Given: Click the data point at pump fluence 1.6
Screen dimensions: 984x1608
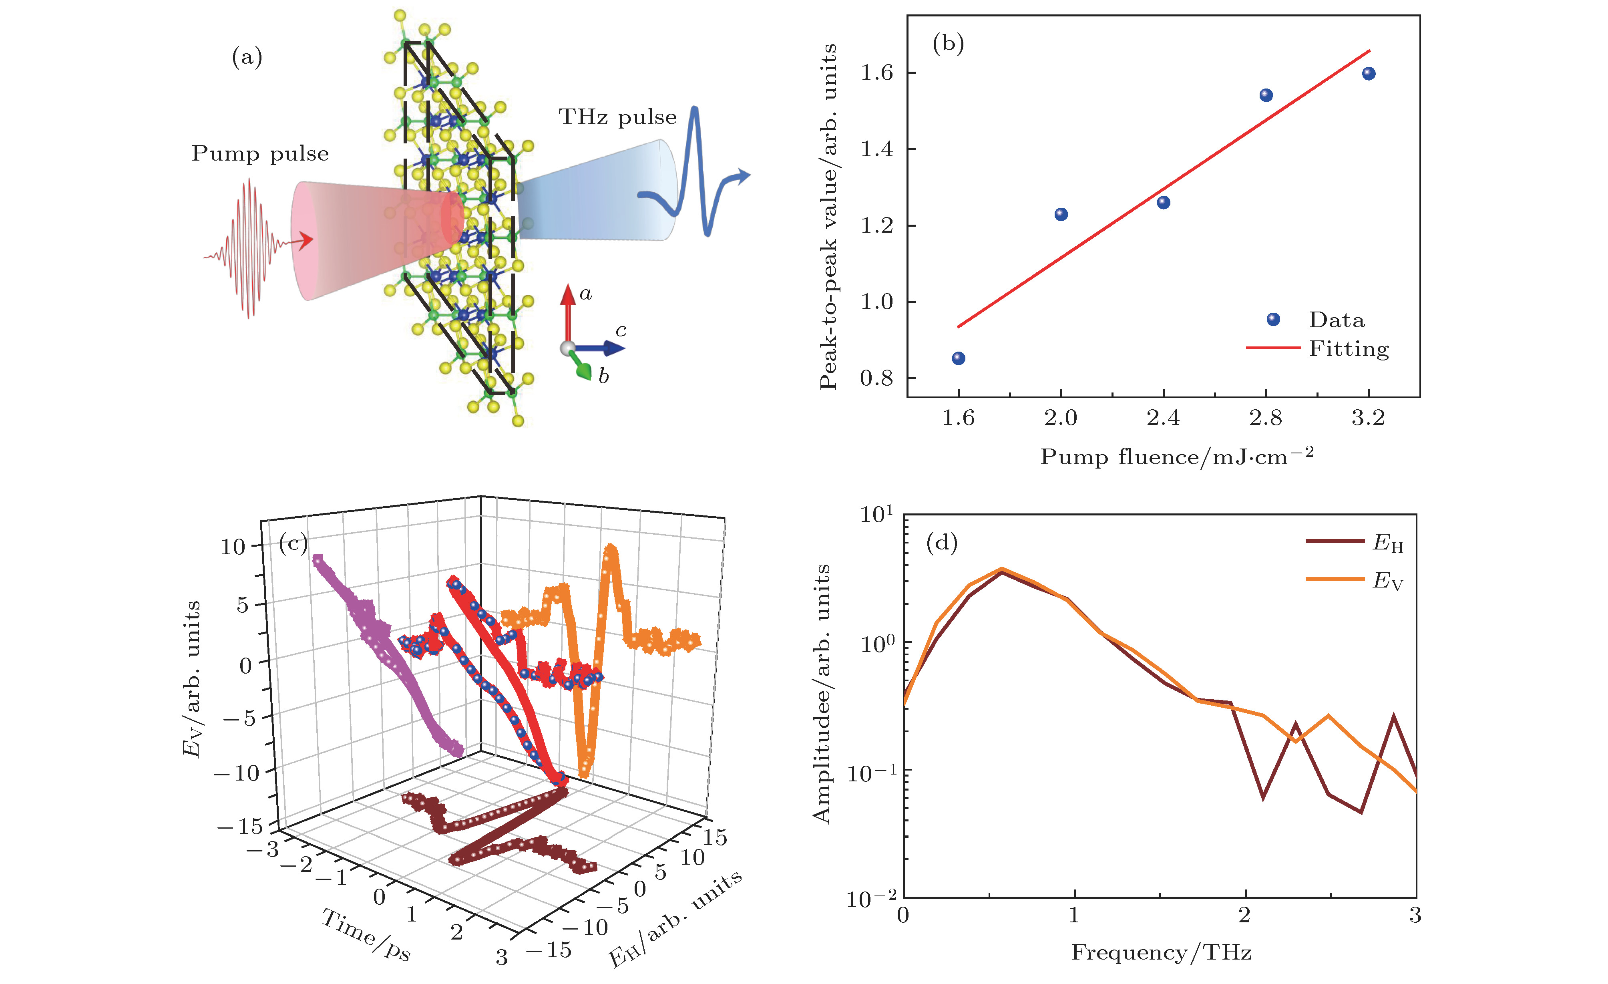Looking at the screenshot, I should (x=958, y=358).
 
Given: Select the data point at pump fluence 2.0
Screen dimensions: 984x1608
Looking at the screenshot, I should (x=1061, y=214).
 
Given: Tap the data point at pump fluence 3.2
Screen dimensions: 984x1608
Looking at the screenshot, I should (x=1369, y=74).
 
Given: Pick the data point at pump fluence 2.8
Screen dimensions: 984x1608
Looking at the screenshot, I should (x=1266, y=95).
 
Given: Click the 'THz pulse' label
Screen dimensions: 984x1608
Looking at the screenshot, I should (x=617, y=117).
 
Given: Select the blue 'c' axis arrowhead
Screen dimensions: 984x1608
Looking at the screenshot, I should (x=615, y=349).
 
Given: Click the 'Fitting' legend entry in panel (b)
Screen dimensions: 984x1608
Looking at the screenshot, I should (x=1348, y=349).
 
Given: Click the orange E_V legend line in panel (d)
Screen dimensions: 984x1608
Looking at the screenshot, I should (x=1335, y=579).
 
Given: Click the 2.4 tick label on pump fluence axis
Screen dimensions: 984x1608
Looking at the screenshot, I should (x=1163, y=418).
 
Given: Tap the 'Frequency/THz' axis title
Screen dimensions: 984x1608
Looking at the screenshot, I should (x=1161, y=953).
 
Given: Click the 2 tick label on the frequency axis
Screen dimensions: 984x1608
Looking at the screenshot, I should (x=1244, y=916).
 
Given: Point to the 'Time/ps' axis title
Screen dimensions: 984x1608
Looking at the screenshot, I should (x=366, y=936).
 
